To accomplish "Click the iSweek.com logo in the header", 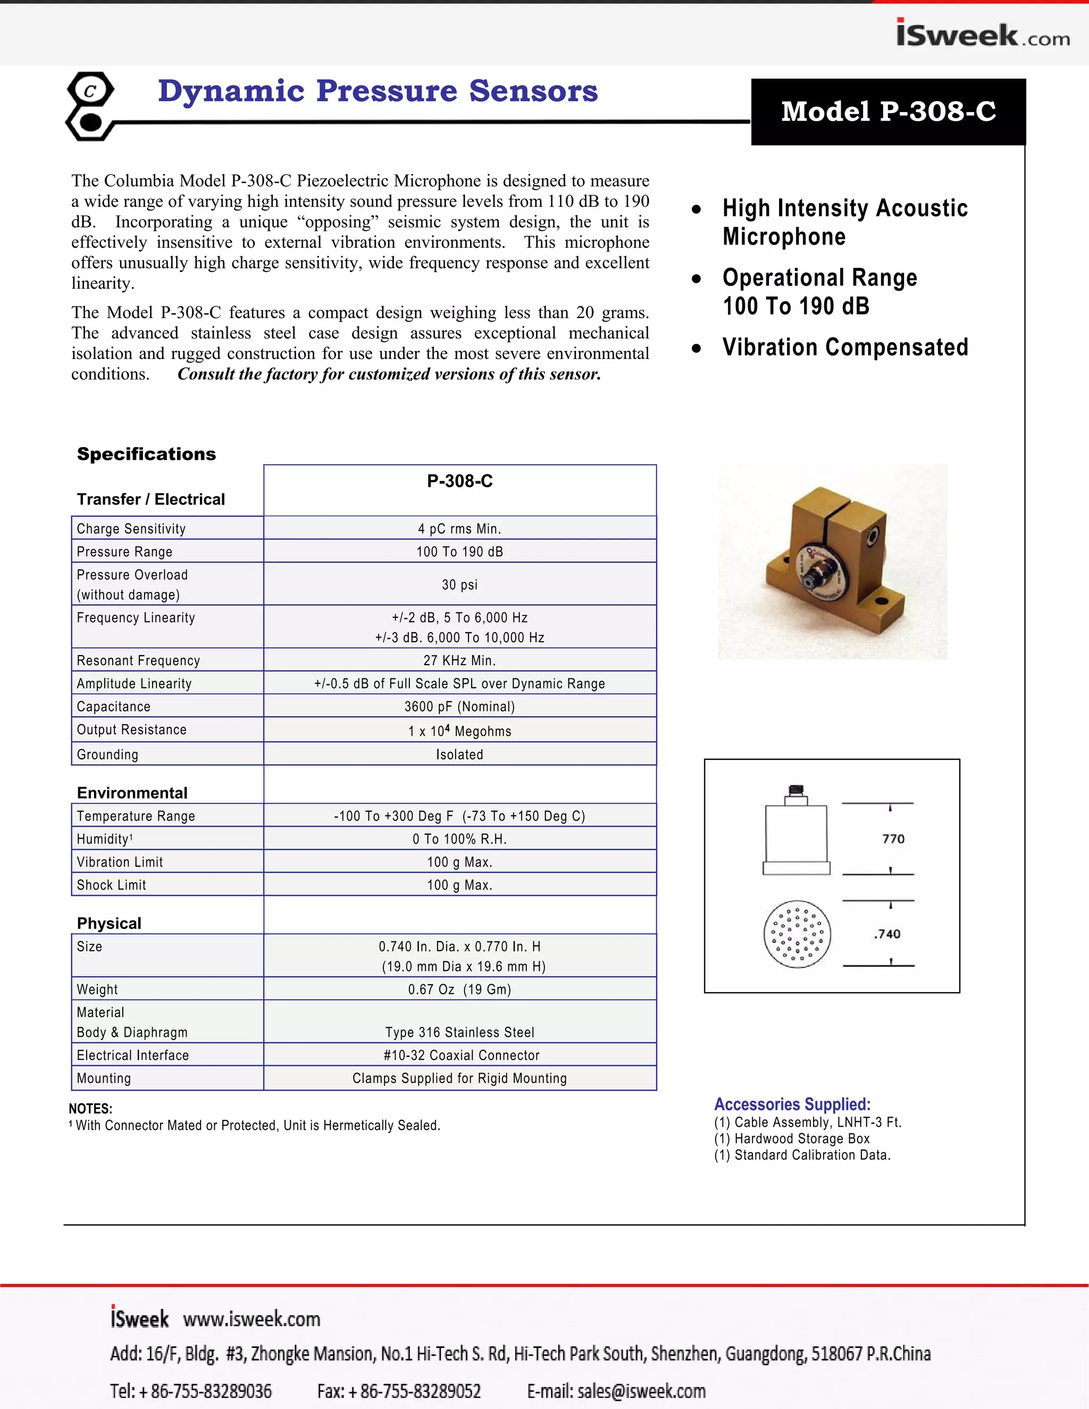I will click(983, 34).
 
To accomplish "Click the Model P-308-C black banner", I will click(889, 112).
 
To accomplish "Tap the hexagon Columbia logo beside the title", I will click(90, 106).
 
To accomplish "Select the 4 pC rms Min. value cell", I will click(459, 529).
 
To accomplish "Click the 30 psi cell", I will click(459, 584).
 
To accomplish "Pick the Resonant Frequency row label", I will click(138, 660).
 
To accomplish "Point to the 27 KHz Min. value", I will click(459, 660).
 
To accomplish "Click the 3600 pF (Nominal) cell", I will click(459, 707).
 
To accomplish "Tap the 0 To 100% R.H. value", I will click(459, 838).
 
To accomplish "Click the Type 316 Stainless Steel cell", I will click(459, 1032).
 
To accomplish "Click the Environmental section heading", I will click(132, 793).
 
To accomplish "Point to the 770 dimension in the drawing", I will click(893, 838).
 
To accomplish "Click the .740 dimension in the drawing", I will click(887, 934).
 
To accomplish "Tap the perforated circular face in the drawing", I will click(798, 934).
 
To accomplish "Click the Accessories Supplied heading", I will click(792, 1104).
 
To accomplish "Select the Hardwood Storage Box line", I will click(792, 1139).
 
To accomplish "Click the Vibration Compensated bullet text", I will click(845, 347).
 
